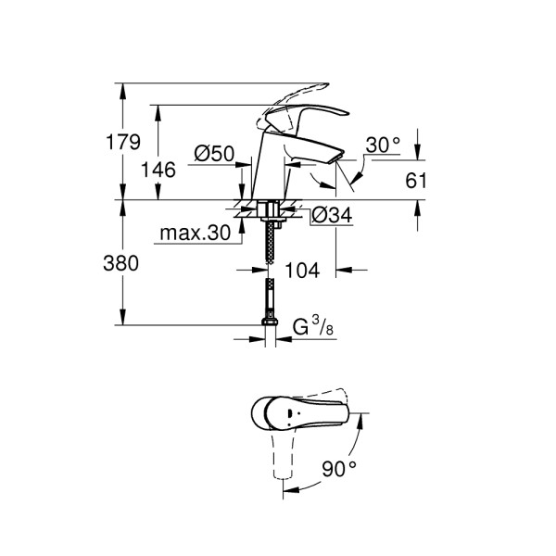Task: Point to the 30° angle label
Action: [383, 145]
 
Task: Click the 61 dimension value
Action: [416, 181]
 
